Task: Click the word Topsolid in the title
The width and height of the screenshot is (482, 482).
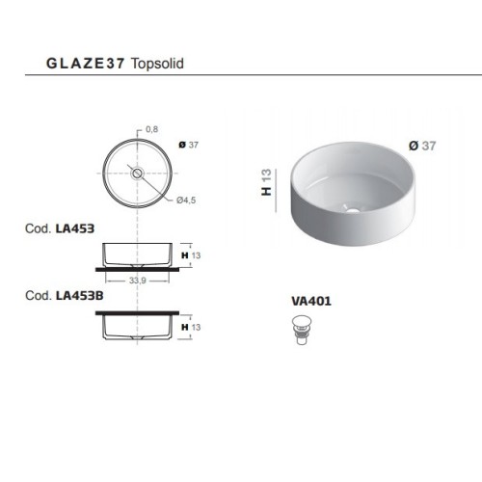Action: coord(157,64)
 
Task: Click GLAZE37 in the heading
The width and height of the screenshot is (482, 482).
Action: coord(85,64)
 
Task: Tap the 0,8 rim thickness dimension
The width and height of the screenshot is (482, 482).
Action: coord(151,129)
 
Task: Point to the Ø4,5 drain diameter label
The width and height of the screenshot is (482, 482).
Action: coord(186,201)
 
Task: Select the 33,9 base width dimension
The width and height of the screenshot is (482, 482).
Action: coord(138,281)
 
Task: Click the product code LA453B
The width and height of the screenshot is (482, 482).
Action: coord(80,296)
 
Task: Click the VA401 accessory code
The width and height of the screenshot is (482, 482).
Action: coord(311,301)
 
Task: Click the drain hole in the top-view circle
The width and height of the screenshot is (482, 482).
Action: coord(137,174)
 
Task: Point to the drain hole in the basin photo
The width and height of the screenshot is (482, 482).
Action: coord(353,210)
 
